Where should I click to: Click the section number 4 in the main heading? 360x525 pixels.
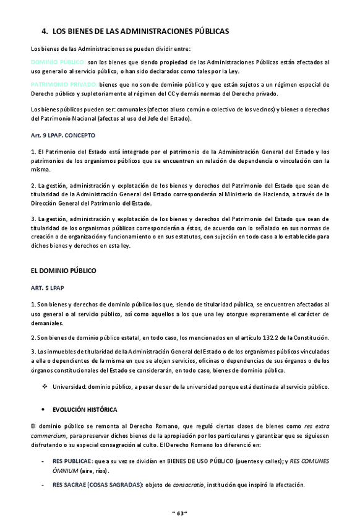[x=44, y=30]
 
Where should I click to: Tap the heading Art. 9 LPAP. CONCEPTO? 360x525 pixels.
[x=62, y=134]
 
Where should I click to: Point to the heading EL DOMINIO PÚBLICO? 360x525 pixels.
[x=63, y=271]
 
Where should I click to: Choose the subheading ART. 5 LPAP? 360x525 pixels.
[x=48, y=288]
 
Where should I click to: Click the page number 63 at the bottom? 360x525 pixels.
[x=179, y=513]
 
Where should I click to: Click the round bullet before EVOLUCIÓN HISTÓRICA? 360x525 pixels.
[x=43, y=410]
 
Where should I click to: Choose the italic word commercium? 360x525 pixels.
[x=48, y=436]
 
